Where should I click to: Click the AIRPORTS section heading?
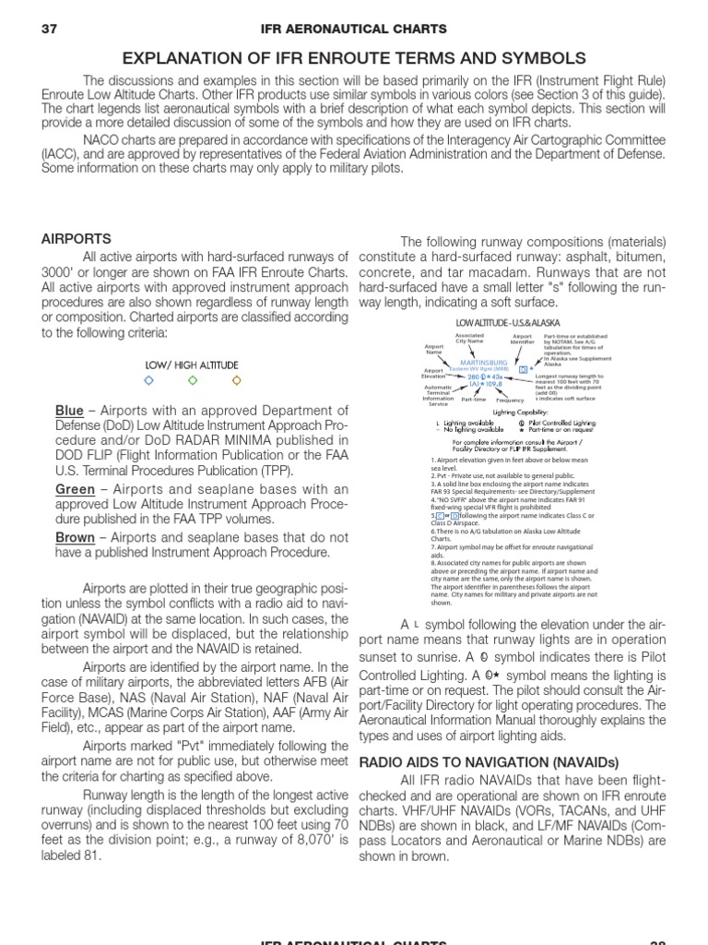[x=77, y=238]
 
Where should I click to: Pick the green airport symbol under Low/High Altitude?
[x=193, y=380]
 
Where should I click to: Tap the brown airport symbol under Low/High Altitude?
[x=236, y=380]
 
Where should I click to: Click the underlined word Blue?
[x=69, y=411]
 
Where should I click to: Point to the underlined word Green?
[x=76, y=489]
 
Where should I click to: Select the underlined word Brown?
[x=76, y=537]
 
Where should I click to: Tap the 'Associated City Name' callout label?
[x=470, y=339]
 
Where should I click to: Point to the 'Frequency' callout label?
[x=509, y=401]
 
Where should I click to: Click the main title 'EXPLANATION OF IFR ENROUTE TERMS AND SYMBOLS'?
[x=354, y=57]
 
